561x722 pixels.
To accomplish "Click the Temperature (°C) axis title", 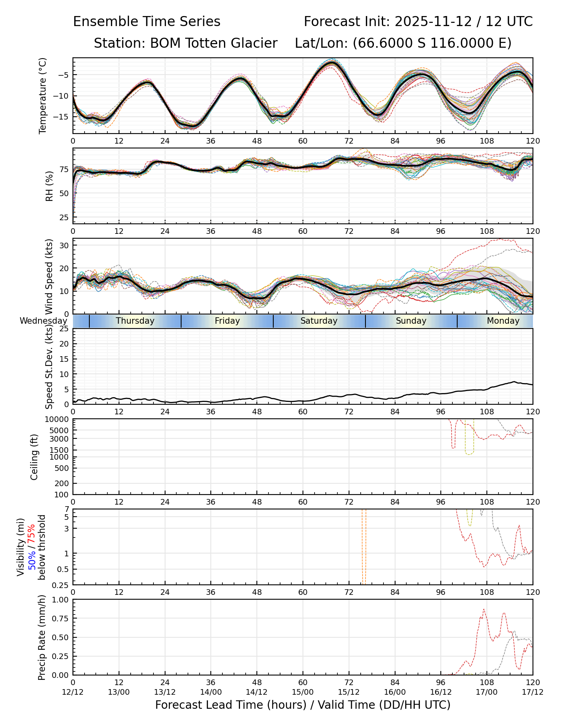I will point(43,95).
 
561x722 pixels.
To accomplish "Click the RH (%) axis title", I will point(49,186).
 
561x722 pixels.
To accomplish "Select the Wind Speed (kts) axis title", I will point(49,276).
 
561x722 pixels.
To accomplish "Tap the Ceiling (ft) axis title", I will point(34,457).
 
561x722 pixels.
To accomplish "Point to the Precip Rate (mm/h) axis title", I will point(42,637).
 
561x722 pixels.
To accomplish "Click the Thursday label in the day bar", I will point(135,321).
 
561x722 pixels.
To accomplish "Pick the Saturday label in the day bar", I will point(319,321).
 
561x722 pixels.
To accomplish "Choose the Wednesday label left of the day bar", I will point(43,321).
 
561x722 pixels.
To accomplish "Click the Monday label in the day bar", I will point(503,321).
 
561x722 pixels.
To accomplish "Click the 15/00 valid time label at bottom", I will point(303,692).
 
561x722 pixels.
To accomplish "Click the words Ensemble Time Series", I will point(147,22).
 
